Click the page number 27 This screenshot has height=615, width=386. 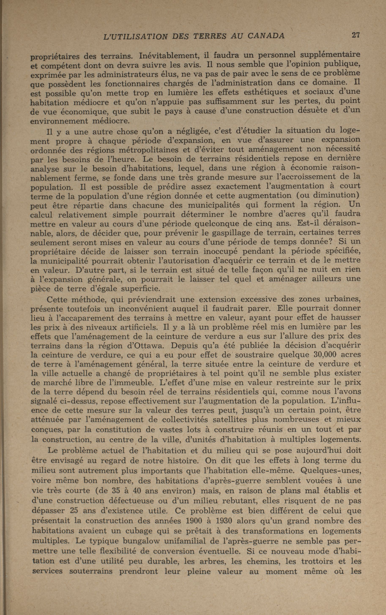[x=355, y=35]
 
